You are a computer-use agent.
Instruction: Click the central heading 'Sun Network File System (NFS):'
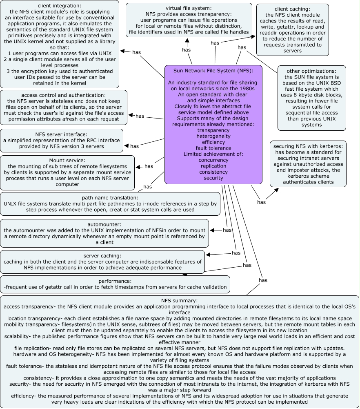click(213, 71)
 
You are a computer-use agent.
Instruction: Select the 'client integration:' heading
click(60, 6)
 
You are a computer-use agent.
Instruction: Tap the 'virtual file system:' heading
click(189, 8)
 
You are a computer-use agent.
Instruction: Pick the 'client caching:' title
click(293, 9)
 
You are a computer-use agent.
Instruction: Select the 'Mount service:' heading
click(67, 161)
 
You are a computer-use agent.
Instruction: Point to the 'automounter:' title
click(104, 224)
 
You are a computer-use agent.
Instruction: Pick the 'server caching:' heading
click(102, 255)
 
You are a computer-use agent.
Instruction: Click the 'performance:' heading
click(115, 281)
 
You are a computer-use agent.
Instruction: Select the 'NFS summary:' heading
click(179, 301)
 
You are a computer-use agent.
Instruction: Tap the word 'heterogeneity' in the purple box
click(213, 136)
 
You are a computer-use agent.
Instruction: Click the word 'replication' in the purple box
click(213, 166)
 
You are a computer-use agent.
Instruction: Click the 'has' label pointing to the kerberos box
click(262, 202)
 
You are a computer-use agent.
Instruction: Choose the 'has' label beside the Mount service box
click(149, 166)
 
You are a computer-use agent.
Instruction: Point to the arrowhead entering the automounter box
click(211, 230)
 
